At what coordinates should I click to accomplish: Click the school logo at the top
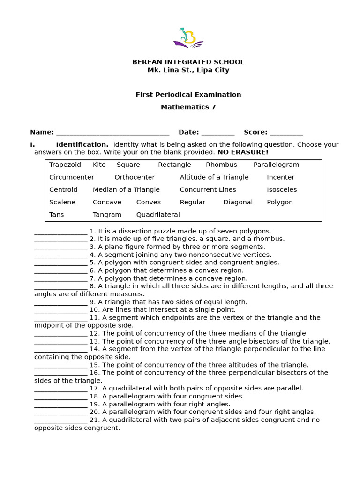point(188,37)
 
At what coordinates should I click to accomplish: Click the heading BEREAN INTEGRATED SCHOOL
point(188,62)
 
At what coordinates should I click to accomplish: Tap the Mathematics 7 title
point(188,107)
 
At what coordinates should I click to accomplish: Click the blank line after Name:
point(112,133)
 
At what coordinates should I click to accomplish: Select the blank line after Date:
point(217,133)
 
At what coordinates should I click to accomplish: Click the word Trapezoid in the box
point(65,165)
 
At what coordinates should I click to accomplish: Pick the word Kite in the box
point(99,165)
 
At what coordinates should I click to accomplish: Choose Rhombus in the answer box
point(221,165)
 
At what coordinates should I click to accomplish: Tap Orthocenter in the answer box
point(135,177)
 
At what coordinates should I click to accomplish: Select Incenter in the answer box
point(280,177)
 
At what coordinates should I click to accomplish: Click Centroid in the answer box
point(63,190)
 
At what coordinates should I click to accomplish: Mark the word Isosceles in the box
point(282,190)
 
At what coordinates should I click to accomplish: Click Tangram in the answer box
point(107,215)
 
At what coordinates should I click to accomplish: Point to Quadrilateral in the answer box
point(158,215)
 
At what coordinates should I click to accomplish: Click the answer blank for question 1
point(60,232)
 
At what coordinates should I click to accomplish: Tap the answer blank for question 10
point(60,311)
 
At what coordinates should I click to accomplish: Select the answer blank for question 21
point(60,421)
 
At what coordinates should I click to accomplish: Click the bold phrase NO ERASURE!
point(243,152)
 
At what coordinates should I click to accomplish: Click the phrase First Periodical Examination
point(188,95)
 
